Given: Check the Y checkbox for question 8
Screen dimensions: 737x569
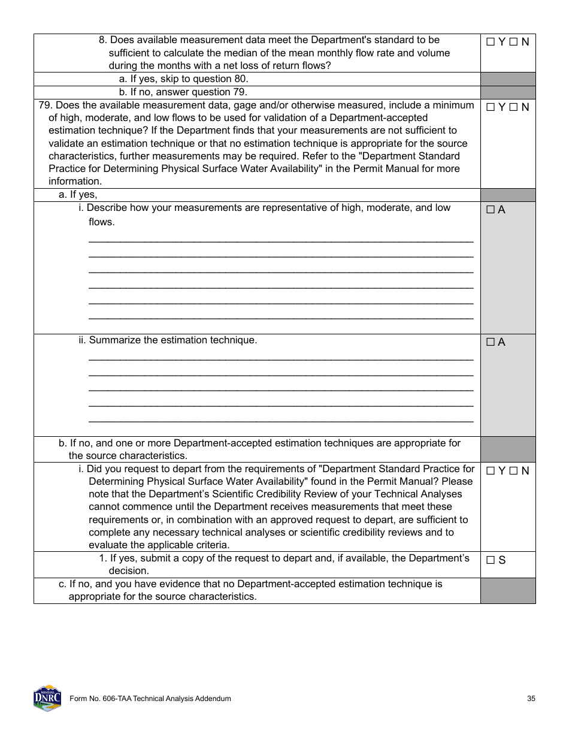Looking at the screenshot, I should pyautogui.click(x=490, y=42).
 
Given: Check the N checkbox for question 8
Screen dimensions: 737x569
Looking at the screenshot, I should pyautogui.click(x=513, y=42).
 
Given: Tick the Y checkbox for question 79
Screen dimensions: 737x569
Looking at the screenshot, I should pyautogui.click(x=490, y=107).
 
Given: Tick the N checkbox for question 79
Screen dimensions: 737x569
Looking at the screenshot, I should pyautogui.click(x=513, y=107).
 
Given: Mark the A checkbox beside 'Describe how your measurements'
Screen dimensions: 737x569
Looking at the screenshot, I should pyautogui.click(x=490, y=210).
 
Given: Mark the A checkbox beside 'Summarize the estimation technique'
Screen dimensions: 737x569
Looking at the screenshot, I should pyautogui.click(x=490, y=342).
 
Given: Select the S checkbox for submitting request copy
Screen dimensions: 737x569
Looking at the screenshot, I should pyautogui.click(x=490, y=560).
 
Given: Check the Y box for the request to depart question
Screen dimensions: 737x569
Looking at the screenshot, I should pyautogui.click(x=490, y=471).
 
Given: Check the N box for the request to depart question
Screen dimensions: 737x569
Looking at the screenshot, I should pyautogui.click(x=513, y=471).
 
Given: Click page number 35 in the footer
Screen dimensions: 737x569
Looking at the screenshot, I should pyautogui.click(x=531, y=699).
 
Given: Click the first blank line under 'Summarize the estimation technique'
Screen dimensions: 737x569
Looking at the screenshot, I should pyautogui.click(x=280, y=359).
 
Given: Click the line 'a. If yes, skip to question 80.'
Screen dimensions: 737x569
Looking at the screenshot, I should pyautogui.click(x=183, y=79).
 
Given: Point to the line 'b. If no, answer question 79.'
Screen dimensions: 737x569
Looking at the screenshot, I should pyautogui.click(x=183, y=92).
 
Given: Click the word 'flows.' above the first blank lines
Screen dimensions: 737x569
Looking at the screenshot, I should pyautogui.click(x=101, y=222).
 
